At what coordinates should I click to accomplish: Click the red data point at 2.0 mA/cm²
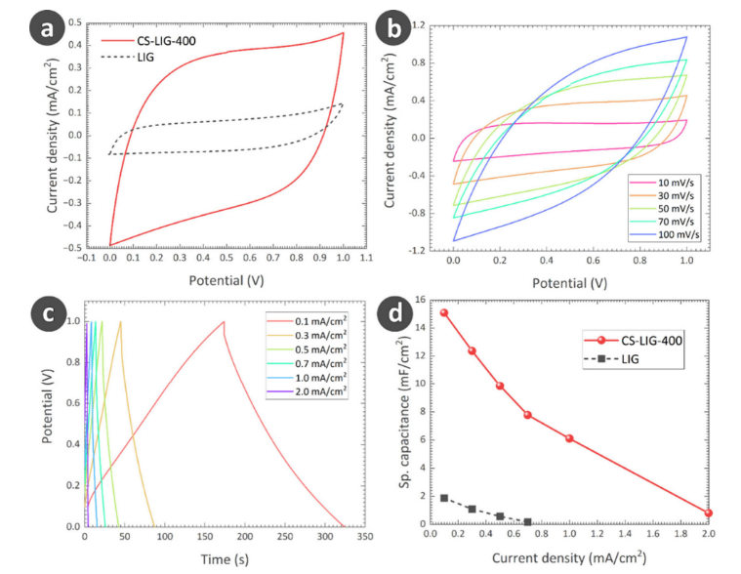(x=708, y=512)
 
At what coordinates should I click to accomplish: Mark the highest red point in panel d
(x=443, y=313)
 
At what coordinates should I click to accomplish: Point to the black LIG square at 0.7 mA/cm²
(x=527, y=522)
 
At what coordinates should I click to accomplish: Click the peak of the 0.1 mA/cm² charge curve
(x=224, y=322)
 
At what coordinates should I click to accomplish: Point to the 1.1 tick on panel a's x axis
(x=367, y=259)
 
